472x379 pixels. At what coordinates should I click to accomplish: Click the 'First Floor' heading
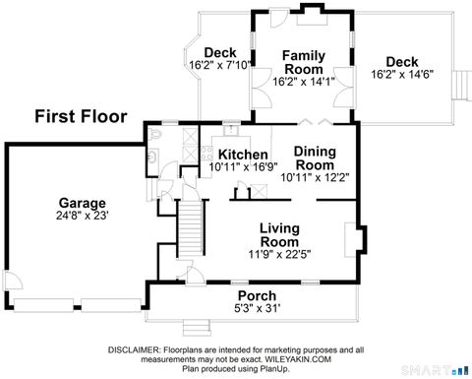81,117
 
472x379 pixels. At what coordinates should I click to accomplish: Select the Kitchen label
242,155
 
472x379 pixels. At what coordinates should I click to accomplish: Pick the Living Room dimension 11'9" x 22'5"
278,253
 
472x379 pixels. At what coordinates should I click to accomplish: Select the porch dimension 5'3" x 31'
258,309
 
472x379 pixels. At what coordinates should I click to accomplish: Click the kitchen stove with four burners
206,153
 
